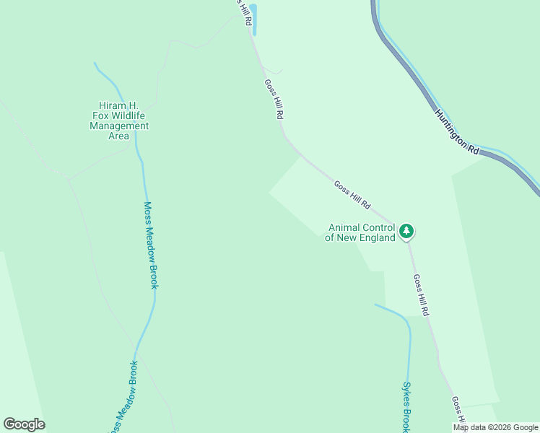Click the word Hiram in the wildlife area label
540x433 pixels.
114,105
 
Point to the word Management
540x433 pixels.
119,126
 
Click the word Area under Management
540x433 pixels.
119,136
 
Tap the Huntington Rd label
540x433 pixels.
456,131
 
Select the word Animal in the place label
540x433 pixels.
345,227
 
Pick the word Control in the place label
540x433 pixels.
378,227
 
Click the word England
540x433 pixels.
375,237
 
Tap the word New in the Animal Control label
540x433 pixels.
346,237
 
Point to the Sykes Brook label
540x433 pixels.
406,407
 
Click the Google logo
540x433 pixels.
25,424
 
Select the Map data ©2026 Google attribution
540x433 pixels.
495,427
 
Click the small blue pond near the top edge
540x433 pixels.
253,18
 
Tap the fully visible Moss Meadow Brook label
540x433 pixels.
149,245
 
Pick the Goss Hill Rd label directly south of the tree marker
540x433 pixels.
422,294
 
